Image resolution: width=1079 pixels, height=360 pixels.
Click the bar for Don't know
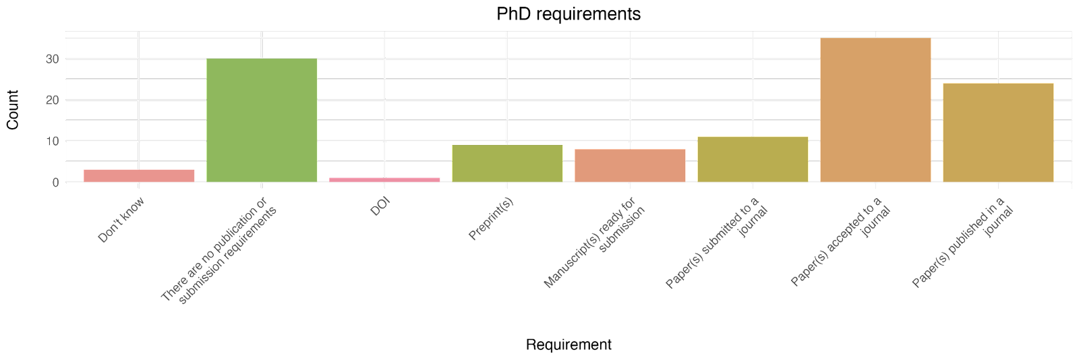pyautogui.click(x=139, y=175)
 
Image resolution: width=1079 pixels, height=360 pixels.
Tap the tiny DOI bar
pyautogui.click(x=384, y=179)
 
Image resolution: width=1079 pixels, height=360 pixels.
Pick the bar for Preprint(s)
pyautogui.click(x=507, y=163)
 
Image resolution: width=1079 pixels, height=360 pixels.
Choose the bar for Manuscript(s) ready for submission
pyautogui.click(x=630, y=165)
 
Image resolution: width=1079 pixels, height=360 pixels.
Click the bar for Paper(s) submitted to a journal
pyautogui.click(x=753, y=159)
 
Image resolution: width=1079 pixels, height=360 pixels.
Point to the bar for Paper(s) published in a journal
pyautogui.click(x=998, y=132)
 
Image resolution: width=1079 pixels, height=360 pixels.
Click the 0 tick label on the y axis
pyautogui.click(x=55, y=182)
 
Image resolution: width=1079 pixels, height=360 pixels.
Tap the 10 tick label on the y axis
pyautogui.click(x=52, y=141)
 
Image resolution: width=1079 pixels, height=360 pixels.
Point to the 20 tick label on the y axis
pyautogui.click(x=52, y=100)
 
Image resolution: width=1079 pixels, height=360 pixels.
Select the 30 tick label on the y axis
pyautogui.click(x=52, y=59)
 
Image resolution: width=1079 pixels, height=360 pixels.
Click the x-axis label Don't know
pyautogui.click(x=121, y=219)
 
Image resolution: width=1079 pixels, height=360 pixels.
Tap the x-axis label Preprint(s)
pyautogui.click(x=491, y=219)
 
